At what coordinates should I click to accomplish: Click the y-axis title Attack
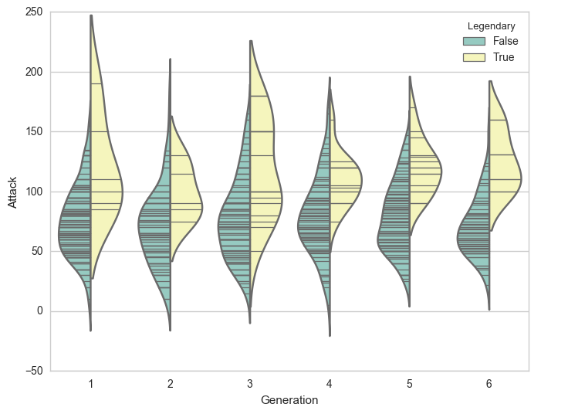(x=12, y=192)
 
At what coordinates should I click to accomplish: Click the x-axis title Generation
(x=289, y=400)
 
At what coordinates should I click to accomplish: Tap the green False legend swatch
(x=472, y=41)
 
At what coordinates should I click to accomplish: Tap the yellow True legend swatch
(x=472, y=57)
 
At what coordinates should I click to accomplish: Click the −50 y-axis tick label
(x=34, y=371)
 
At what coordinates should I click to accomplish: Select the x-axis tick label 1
(x=91, y=383)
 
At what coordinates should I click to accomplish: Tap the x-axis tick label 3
(x=250, y=383)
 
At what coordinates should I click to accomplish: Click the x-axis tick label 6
(x=489, y=383)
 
